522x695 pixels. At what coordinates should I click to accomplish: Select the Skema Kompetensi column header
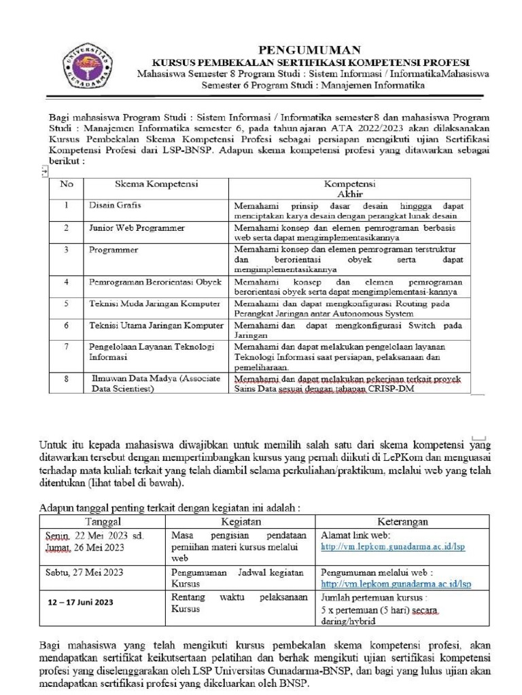pos(156,184)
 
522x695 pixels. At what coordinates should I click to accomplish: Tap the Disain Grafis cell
pos(116,204)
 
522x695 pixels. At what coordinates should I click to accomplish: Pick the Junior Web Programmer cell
pos(137,227)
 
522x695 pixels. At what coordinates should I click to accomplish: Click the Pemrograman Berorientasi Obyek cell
pos(156,281)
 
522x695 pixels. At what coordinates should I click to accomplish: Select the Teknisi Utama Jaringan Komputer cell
pos(156,326)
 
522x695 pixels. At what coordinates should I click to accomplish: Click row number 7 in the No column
pos(67,347)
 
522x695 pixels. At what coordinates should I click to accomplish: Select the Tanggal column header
pos(102,522)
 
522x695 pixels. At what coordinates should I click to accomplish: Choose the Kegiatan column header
pos(241,522)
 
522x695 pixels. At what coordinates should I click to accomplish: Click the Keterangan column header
pos(399,522)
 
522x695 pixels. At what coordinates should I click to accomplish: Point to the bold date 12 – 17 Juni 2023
pos(81,602)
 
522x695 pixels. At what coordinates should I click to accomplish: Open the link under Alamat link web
pos(393,546)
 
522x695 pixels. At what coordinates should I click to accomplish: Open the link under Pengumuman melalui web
pos(396,584)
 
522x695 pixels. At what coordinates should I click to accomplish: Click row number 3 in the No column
pos(67,250)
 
